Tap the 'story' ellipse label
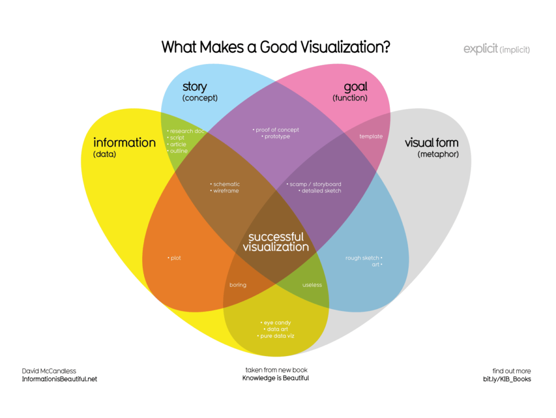194,86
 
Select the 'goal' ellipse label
356,86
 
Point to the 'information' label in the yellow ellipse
124,142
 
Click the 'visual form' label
432,143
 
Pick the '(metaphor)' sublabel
438,154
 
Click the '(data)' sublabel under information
105,154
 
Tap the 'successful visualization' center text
276,242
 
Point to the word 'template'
371,136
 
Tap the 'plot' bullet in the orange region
175,258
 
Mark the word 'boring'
238,285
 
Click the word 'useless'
312,285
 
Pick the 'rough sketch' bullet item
363,258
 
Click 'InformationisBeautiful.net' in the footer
60,379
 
